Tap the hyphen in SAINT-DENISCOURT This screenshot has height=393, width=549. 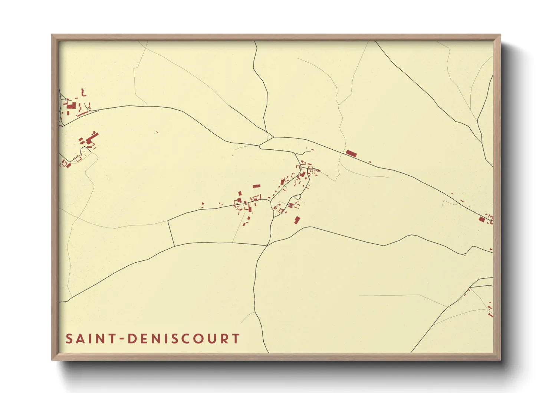(121, 339)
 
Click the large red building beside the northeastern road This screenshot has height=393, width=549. (351, 153)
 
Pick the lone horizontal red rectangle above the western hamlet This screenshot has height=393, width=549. (256, 186)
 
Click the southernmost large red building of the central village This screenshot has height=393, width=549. (297, 220)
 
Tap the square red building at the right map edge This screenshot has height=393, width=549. (481, 219)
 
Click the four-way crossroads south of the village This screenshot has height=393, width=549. (267, 245)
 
